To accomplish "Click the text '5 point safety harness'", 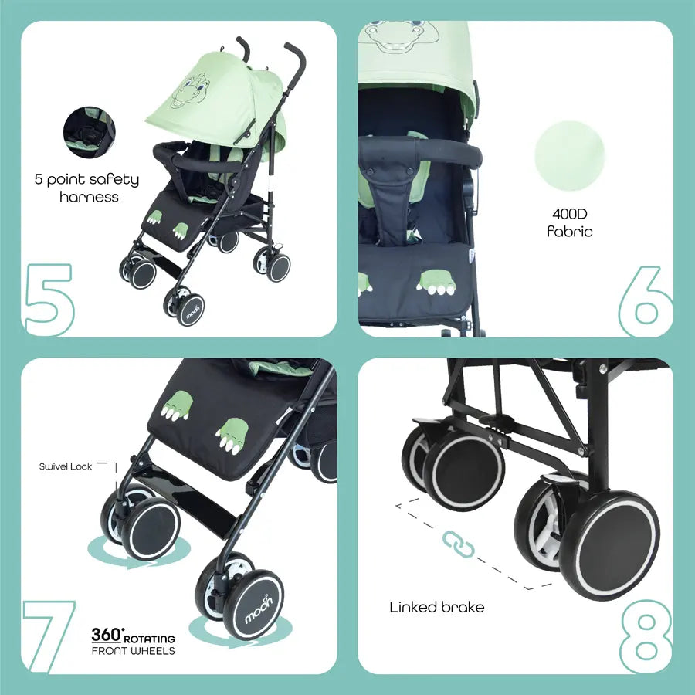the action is (x=87, y=188).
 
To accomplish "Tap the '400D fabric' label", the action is (x=570, y=222).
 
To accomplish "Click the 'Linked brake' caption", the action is (x=436, y=607).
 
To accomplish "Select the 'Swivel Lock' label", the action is (x=65, y=466).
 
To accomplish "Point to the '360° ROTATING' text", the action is (x=133, y=636).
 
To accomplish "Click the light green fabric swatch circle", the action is (x=570, y=155).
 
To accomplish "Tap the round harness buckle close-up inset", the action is (x=90, y=131).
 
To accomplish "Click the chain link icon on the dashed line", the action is (x=458, y=544).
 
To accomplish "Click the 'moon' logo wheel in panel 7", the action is (x=253, y=605).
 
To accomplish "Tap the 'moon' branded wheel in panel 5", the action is (x=190, y=310).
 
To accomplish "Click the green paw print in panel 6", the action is (x=436, y=282).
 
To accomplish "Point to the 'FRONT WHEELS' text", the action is (x=133, y=651).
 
